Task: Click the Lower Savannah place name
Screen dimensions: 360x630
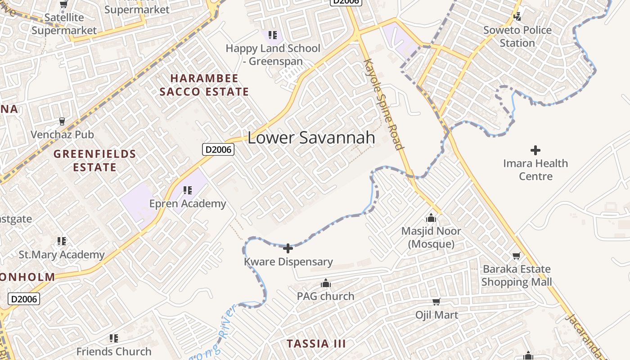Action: pos(311,138)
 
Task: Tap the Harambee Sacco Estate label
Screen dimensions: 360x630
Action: pos(204,85)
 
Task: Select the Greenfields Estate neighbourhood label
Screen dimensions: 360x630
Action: pos(95,161)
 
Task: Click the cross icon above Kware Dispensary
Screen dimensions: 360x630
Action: pos(288,248)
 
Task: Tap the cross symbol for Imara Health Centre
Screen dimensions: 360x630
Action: pos(535,150)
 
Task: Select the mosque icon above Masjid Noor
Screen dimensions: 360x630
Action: pos(431,218)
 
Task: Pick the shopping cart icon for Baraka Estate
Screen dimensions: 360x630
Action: pos(517,256)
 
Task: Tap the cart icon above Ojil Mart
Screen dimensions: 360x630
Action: pos(436,301)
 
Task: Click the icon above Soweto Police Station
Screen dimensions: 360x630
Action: pos(517,17)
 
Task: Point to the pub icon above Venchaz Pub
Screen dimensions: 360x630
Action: pos(62,121)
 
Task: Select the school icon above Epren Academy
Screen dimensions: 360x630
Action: pos(188,190)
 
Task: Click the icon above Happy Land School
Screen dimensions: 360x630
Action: pos(272,35)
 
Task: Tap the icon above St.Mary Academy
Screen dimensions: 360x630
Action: pos(62,241)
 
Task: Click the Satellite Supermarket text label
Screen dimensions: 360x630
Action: pos(64,24)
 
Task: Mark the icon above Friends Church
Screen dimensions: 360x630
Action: pos(114,338)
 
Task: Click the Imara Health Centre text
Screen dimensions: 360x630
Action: pos(535,170)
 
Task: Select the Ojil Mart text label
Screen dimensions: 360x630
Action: pos(436,315)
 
